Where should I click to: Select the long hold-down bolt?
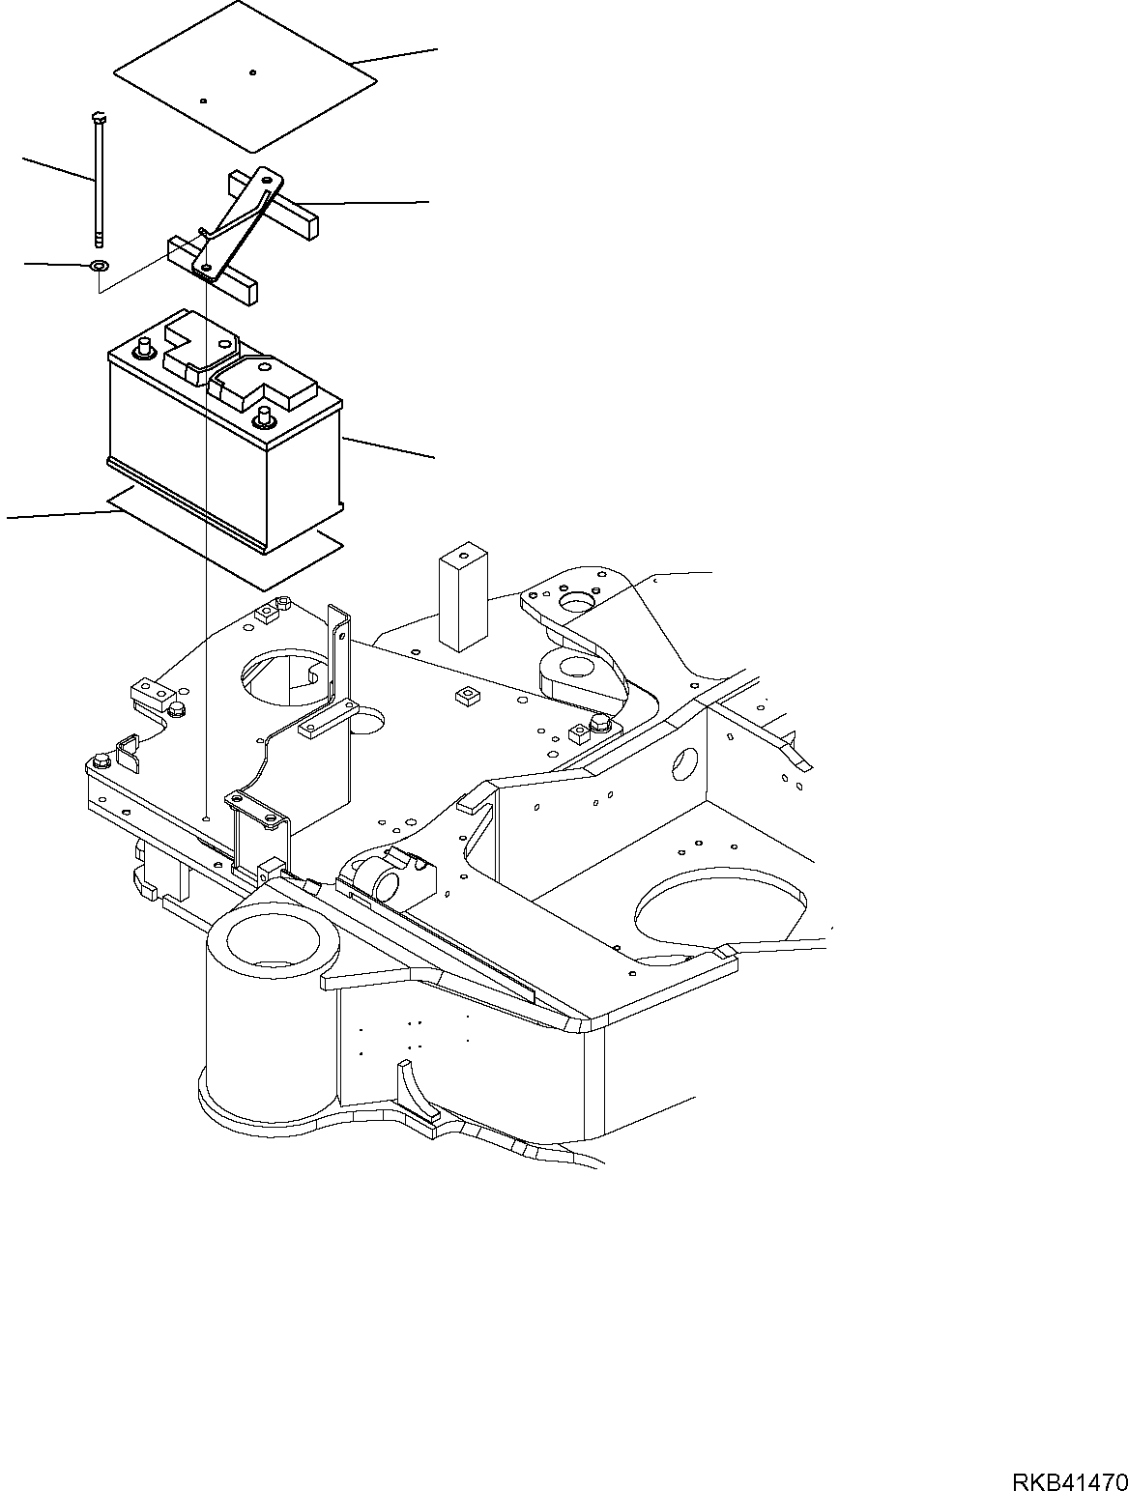(x=99, y=184)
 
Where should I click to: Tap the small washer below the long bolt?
(x=100, y=265)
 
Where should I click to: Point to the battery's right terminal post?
(x=263, y=418)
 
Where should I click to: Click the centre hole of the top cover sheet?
(x=251, y=72)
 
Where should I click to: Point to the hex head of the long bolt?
(x=97, y=119)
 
